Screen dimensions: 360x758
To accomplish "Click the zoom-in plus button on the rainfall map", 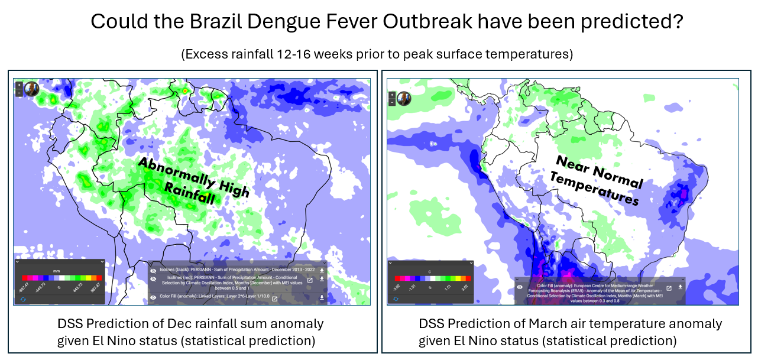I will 19,85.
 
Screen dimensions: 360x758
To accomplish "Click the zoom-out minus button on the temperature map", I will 392,102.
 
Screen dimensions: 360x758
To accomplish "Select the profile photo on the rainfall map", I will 31,90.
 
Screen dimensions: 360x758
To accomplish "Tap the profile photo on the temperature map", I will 404,99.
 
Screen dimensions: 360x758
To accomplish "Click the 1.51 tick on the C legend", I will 449,288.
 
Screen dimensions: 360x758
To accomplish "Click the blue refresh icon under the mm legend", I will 22,299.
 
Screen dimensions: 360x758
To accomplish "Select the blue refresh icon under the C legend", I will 396,299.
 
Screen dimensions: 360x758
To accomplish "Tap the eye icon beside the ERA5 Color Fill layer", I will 520,287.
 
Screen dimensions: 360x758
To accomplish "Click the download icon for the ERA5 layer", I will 680,287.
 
